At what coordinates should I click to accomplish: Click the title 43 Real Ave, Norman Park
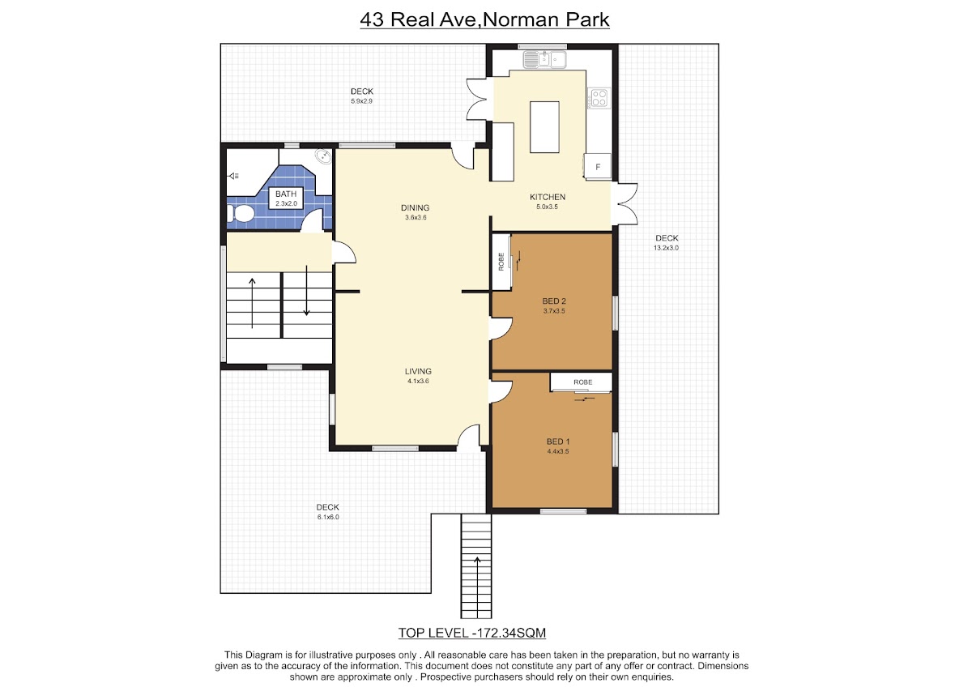484,20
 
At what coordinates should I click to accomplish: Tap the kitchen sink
544,60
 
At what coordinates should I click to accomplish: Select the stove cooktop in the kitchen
599,98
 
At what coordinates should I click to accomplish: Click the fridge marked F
598,167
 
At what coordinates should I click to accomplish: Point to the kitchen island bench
544,127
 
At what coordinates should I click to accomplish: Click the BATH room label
286,194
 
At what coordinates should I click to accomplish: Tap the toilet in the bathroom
241,214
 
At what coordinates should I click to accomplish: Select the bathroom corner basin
323,156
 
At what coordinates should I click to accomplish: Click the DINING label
416,208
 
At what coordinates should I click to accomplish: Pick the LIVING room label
418,372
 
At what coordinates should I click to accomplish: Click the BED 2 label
554,301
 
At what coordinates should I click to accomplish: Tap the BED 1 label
558,442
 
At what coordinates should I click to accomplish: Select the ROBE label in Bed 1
582,382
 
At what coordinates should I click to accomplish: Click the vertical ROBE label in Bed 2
501,262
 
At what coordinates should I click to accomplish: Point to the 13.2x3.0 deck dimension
666,248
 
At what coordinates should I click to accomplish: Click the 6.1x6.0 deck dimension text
328,518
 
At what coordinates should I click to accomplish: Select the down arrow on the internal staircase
306,290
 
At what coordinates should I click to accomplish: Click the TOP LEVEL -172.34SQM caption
472,634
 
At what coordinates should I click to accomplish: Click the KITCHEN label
548,197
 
